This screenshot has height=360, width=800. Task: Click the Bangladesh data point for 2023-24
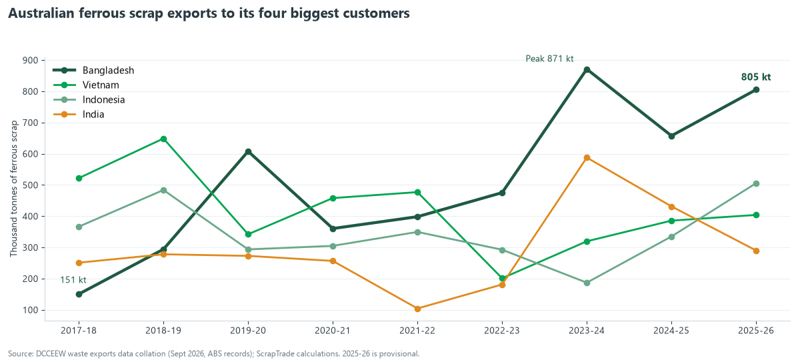[x=587, y=69]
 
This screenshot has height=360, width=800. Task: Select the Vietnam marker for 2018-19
[x=163, y=139]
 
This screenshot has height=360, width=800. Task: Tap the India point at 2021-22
[x=417, y=309]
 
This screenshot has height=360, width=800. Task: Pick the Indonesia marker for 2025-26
[x=756, y=183]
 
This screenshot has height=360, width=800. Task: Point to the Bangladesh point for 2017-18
[x=79, y=294]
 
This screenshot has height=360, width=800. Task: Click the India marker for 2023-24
[x=587, y=157]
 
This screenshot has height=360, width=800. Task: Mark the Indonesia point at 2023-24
[x=587, y=283]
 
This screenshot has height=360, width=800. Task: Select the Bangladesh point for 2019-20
[x=248, y=152]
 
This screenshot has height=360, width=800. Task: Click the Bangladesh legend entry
[x=93, y=71]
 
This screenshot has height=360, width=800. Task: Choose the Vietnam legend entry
[x=86, y=85]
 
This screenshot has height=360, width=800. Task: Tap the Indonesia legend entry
[x=89, y=99]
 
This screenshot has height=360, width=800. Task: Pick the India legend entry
[x=79, y=114]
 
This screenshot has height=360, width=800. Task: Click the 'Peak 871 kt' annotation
[x=549, y=59]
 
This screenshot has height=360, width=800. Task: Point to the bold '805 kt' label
[x=756, y=77]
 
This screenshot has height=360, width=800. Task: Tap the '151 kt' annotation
[x=73, y=279]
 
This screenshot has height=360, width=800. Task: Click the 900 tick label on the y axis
[x=31, y=61]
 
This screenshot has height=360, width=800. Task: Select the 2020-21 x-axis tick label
[x=333, y=331]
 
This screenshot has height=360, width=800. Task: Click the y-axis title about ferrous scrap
[x=13, y=189]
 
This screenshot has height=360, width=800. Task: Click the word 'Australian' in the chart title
[x=41, y=13]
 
